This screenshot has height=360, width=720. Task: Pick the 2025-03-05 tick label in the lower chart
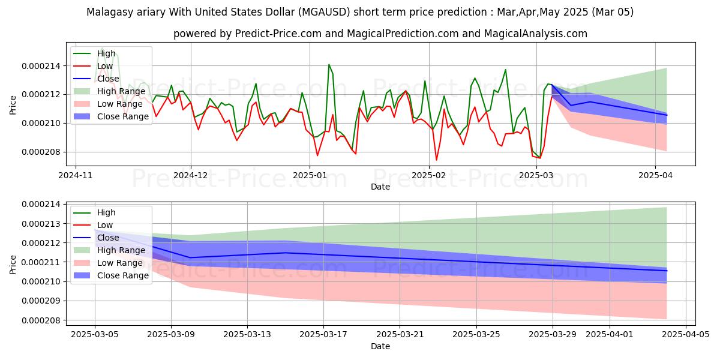tap(95, 334)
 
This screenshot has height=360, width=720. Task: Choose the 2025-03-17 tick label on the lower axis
tap(323, 334)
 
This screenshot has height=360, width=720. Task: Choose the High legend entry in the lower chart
tap(106, 212)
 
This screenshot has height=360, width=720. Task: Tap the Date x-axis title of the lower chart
tap(380, 346)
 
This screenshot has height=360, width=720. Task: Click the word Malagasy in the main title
tap(107, 12)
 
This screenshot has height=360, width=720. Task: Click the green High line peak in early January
tap(329, 64)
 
